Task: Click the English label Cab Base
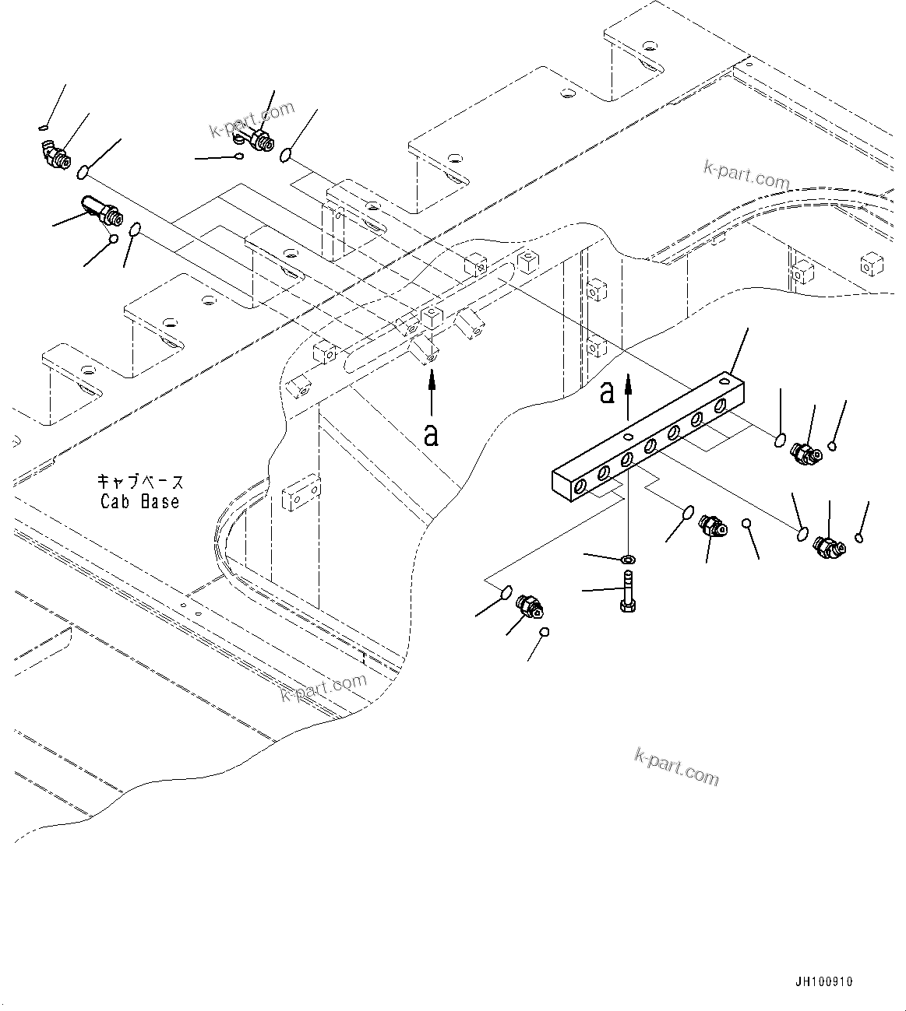[140, 502]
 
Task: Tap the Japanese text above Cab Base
[140, 482]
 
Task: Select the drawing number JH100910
[823, 981]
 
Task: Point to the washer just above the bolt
[628, 560]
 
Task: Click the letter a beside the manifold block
[607, 393]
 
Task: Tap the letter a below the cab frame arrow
[431, 434]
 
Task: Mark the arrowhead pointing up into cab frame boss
[431, 377]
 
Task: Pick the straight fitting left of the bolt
[530, 606]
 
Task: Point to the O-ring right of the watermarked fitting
[287, 156]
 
